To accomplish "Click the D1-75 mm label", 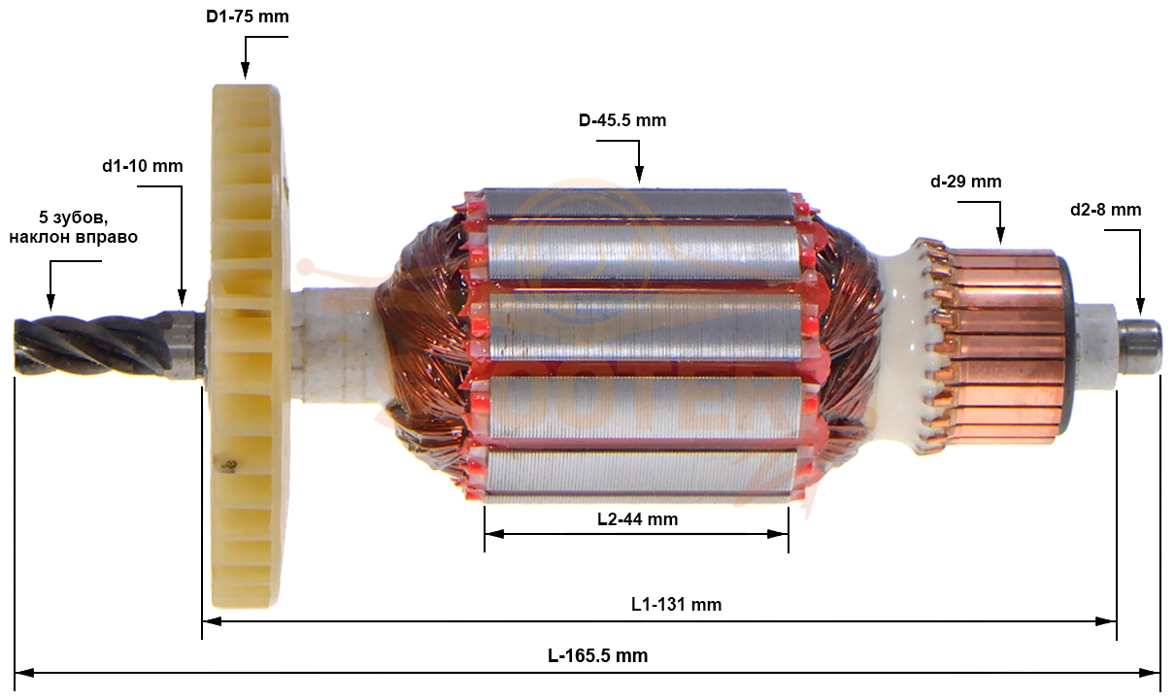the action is [247, 17].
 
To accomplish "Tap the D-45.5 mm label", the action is [622, 120].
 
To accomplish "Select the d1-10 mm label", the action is [143, 166].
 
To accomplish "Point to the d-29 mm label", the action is [965, 182].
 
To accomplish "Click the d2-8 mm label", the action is [1106, 210].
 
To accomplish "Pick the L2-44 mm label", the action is [637, 519].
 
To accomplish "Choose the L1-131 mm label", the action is [676, 605].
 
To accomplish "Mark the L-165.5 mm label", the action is [597, 655].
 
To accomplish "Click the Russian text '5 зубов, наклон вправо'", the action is [74, 227].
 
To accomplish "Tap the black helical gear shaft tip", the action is [92, 345].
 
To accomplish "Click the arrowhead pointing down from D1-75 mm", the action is [245, 71].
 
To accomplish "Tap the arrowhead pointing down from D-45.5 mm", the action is [639, 174].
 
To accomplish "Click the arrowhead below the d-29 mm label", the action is [1000, 235].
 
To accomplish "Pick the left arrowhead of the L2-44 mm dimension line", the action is [494, 534].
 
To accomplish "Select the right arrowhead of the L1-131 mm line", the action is [1106, 621].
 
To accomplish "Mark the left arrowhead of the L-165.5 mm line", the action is [24, 673].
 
